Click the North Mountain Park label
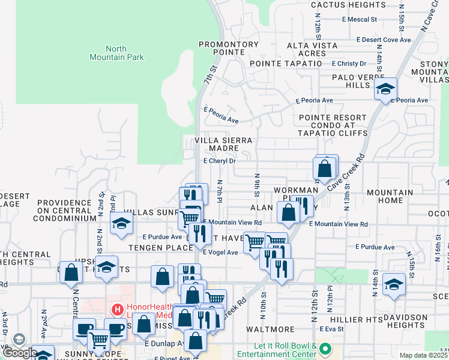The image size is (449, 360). pyautogui.click(x=124, y=53)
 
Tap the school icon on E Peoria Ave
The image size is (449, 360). pyautogui.click(x=385, y=89)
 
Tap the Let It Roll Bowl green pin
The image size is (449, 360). pyautogui.click(x=325, y=348)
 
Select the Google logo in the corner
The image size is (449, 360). pyautogui.click(x=19, y=353)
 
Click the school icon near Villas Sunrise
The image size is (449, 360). pyautogui.click(x=121, y=224)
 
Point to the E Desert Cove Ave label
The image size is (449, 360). pyautogui.click(x=383, y=40)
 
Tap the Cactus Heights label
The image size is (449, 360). pyautogui.click(x=349, y=5)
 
